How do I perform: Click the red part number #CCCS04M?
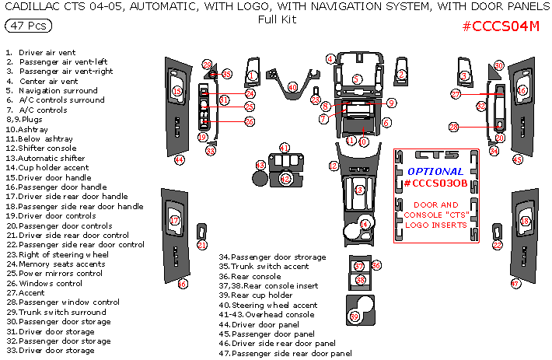coord(501,26)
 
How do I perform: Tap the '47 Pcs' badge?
coord(26,26)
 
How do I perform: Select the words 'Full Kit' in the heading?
coord(277,19)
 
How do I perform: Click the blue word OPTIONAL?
coord(435,170)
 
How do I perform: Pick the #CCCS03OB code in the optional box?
coord(435,183)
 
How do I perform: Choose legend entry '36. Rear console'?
coord(248,276)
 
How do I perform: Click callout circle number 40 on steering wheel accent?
coord(292,87)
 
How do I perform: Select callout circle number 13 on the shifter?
coord(359,190)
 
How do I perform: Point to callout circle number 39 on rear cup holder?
coord(355,316)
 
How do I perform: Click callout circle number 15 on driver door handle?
coord(177,92)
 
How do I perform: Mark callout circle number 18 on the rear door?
coord(525,222)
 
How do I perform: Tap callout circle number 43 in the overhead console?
coord(260,165)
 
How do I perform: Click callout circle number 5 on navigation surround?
coord(356,79)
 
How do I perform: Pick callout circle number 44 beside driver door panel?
coord(180,159)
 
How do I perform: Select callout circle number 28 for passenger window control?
coord(454,126)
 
